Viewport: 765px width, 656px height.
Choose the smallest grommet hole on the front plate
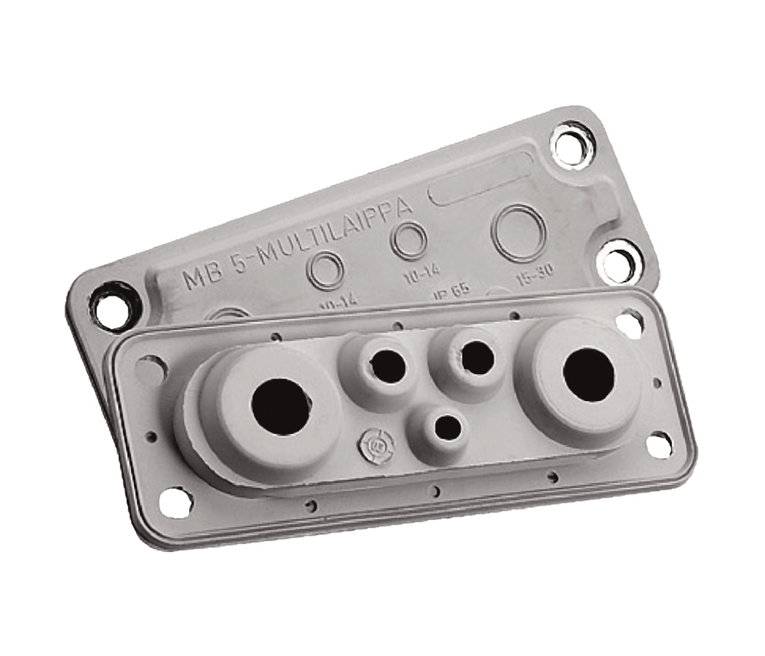pyautogui.click(x=447, y=428)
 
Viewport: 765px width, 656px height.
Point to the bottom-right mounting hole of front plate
pyautogui.click(x=658, y=445)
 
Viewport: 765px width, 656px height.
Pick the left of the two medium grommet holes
pyautogui.click(x=387, y=364)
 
